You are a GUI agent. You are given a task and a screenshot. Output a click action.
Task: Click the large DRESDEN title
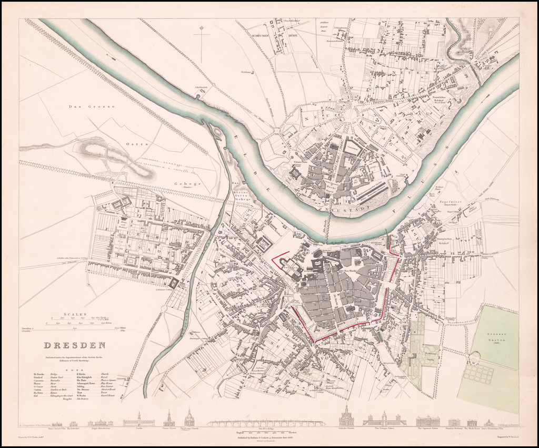pos(74,346)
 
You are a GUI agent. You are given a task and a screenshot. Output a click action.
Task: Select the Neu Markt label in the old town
pos(351,269)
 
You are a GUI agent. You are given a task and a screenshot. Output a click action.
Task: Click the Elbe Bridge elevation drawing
pos(266,423)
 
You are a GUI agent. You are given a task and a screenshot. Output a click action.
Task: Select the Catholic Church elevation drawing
pos(346,416)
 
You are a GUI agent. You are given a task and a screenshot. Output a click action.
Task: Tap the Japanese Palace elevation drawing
pos(427,421)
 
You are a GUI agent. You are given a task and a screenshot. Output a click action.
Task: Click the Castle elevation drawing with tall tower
pos(138,420)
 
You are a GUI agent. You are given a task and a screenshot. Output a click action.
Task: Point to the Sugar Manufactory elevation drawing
pos(101,423)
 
